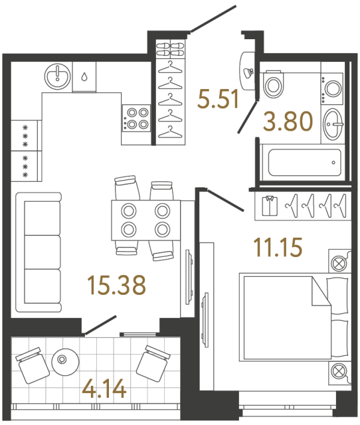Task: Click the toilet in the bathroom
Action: pyautogui.click(x=273, y=84)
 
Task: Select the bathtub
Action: pyautogui.click(x=300, y=163)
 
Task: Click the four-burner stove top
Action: pyautogui.click(x=135, y=118)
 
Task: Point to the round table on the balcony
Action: pyautogui.click(x=64, y=360)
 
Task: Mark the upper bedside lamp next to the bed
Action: pyautogui.click(x=339, y=261)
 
